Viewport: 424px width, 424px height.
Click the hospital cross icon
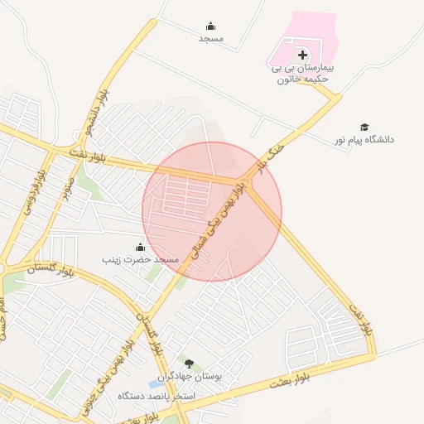[x=301, y=55]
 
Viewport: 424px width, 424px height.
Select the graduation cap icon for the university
[x=364, y=126]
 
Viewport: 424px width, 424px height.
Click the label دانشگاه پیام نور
[x=365, y=139]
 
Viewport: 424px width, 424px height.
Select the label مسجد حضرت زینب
[x=140, y=259]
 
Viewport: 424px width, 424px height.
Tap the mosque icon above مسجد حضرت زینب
[x=139, y=246]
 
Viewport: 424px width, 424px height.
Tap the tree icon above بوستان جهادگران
[x=189, y=364]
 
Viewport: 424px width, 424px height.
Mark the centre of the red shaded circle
[x=212, y=211]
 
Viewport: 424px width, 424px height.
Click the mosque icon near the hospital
[x=210, y=26]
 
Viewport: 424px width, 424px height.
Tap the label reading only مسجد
[x=210, y=38]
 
